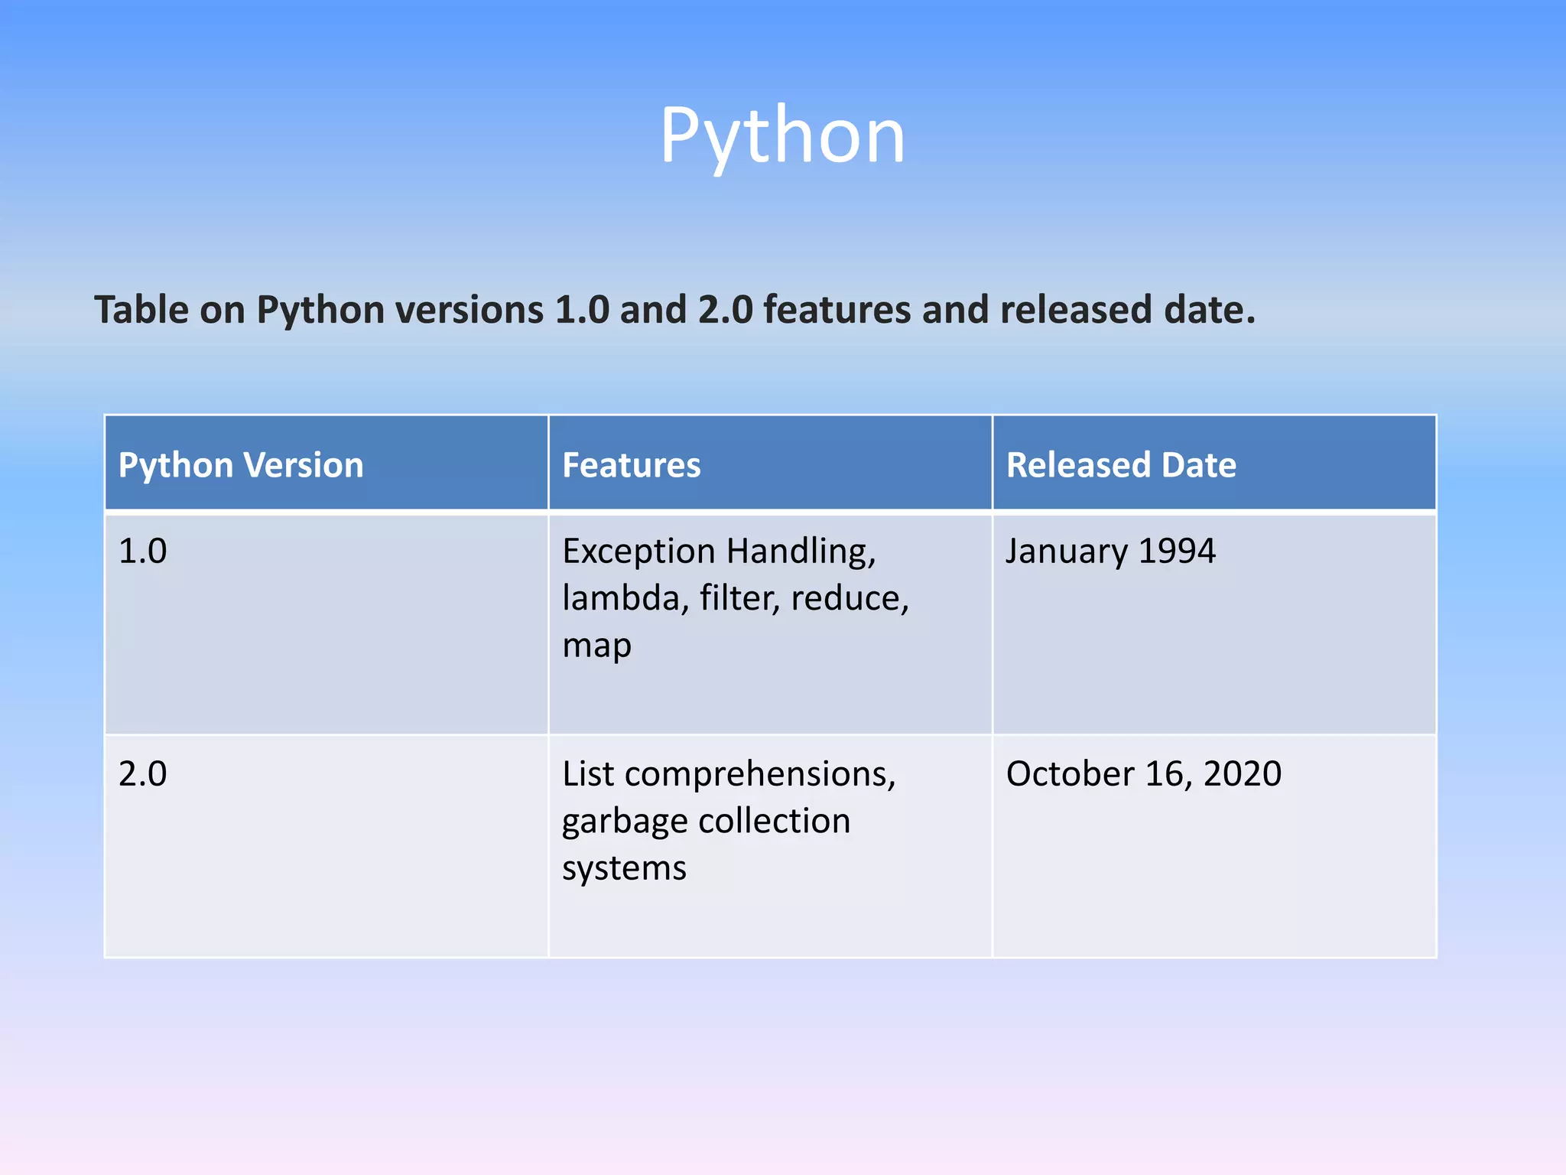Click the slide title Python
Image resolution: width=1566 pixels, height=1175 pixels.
[782, 136]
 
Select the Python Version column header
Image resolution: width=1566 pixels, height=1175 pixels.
[241, 465]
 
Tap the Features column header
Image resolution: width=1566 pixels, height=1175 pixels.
[631, 465]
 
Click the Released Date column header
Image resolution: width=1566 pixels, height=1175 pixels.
[1121, 465]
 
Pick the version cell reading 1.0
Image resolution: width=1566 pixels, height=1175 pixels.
[143, 552]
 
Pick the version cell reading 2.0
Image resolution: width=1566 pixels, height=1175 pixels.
[143, 774]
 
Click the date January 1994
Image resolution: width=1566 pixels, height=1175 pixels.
[1110, 552]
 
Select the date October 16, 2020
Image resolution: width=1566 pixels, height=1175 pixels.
[1143, 774]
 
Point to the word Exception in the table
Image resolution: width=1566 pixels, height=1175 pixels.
[638, 552]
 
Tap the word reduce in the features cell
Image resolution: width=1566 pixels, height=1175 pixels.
[849, 598]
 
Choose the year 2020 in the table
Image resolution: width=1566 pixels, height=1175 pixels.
[1243, 774]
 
